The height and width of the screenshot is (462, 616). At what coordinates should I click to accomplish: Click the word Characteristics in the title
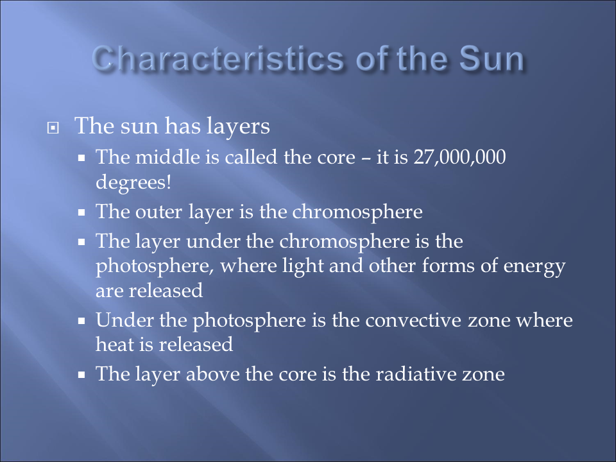pos(218,58)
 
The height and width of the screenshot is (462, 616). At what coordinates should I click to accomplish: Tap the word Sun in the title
pos(492,58)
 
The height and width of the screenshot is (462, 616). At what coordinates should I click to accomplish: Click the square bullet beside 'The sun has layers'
pos(53,128)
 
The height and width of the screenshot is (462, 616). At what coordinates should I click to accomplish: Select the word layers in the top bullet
pos(238,127)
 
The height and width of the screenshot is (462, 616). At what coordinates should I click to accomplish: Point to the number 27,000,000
pos(459,157)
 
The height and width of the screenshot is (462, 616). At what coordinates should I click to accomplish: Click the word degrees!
pos(133,182)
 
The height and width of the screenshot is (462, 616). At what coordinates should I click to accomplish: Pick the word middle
pos(167,157)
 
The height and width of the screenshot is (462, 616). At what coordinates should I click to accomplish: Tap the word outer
pos(158,212)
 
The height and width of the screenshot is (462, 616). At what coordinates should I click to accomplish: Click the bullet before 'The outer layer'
pos(81,213)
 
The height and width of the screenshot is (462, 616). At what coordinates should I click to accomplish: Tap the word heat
pos(115,345)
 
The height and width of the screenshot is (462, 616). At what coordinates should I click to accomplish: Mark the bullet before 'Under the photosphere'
pos(81,321)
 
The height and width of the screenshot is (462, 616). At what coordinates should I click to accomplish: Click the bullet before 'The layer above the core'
pos(81,375)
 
